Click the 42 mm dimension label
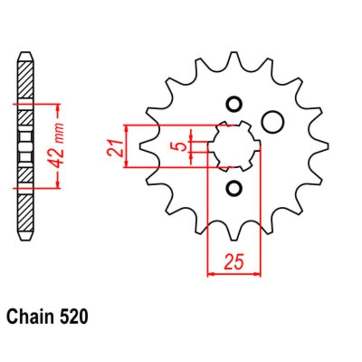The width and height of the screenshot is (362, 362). point(57,146)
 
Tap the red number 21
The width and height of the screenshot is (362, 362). point(115,148)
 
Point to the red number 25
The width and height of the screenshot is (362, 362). point(233,262)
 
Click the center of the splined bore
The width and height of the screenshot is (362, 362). point(234,146)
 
